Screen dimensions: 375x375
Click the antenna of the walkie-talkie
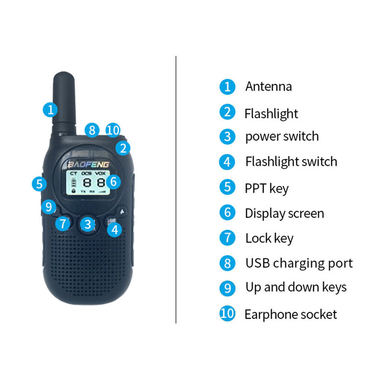(x=65, y=101)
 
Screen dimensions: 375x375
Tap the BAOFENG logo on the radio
(x=88, y=164)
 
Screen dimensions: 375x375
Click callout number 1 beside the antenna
(x=50, y=110)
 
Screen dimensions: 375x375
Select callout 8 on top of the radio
(x=92, y=130)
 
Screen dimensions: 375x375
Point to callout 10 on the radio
(x=113, y=130)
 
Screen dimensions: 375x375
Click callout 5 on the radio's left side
(x=39, y=184)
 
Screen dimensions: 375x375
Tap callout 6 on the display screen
(x=114, y=182)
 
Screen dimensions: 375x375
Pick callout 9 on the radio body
(x=48, y=207)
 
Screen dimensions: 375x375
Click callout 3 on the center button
(x=88, y=224)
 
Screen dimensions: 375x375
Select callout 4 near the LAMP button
(x=115, y=229)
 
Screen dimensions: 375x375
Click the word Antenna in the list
(x=268, y=87)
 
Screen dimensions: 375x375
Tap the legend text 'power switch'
(x=282, y=136)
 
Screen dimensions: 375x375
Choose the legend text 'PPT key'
(x=266, y=188)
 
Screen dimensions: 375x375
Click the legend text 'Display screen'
(x=284, y=214)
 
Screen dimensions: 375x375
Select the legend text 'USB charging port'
(x=299, y=263)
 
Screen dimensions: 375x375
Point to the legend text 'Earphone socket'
(x=291, y=314)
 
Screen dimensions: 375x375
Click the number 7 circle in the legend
(x=227, y=238)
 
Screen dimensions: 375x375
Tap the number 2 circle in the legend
(x=227, y=112)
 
